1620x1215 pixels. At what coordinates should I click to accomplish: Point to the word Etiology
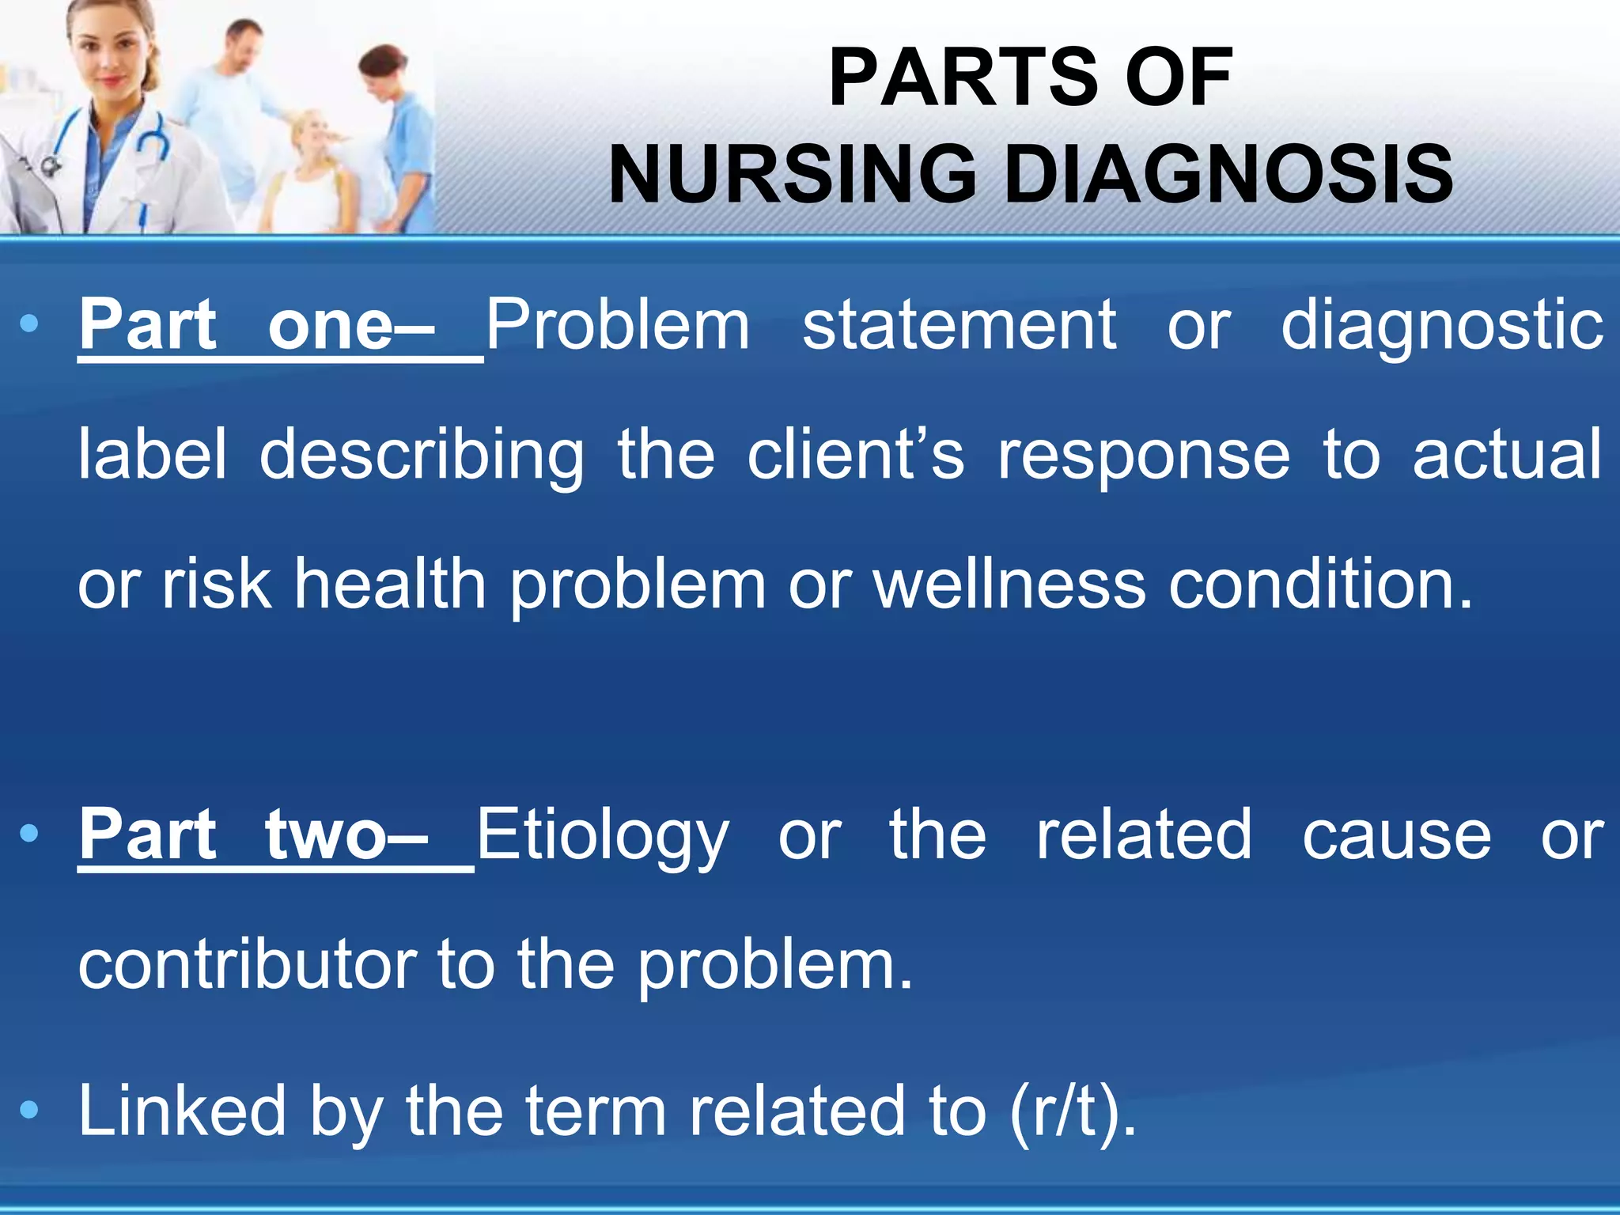(x=602, y=837)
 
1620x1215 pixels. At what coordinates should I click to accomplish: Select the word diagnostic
(x=1441, y=327)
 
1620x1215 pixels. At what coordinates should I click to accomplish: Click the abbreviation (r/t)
(x=1073, y=1111)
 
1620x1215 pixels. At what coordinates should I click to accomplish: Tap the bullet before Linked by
(x=29, y=1111)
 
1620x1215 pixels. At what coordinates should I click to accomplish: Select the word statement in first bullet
(x=959, y=325)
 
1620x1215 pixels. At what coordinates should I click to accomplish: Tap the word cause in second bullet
(x=1396, y=835)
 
